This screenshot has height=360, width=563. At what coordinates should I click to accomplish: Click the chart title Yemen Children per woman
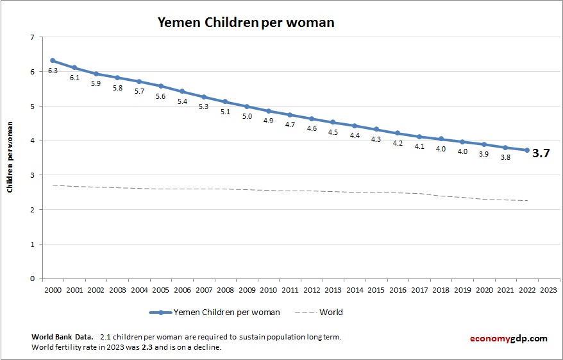pos(246,22)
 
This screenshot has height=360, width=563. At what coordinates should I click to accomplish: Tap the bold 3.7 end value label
pos(541,153)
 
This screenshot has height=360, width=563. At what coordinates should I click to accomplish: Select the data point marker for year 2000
pos(53,60)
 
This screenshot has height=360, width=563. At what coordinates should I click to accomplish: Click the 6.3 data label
pos(53,71)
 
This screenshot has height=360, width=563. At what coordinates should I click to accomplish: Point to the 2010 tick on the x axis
pos(268,289)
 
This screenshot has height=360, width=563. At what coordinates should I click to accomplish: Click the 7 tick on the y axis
pos(32,37)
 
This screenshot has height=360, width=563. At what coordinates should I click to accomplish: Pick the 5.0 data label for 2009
pos(247,116)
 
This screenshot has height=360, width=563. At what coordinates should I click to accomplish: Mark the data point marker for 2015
pos(376,130)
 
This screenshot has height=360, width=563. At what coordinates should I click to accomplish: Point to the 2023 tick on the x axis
pos(548,289)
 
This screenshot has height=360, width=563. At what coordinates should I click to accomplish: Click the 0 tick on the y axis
pos(32,279)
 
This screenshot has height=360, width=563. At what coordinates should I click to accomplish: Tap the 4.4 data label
pos(355,135)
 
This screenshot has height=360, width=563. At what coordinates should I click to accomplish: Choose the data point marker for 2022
pos(527,150)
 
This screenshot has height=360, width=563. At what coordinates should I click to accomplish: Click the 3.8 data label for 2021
pos(505,157)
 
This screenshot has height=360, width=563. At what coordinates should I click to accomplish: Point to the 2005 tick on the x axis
pos(160,289)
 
